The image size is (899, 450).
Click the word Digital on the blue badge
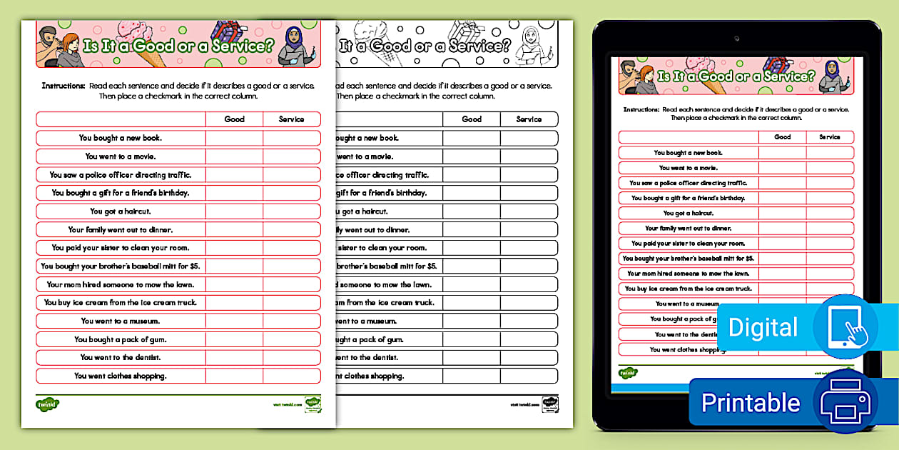pos(762,328)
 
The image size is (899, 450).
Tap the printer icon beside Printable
pos(845,401)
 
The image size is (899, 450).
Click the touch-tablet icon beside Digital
pos(845,326)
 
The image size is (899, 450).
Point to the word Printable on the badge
pos(750,403)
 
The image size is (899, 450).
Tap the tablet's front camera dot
pos(736,37)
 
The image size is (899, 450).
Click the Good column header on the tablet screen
pos(782,137)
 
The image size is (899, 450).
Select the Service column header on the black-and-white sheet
pos(529,119)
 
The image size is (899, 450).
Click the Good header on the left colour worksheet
pos(234,119)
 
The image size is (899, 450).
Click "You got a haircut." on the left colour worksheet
pos(121,211)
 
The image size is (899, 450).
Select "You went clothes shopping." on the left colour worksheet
pos(121,376)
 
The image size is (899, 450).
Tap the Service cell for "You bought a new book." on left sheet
pos(291,138)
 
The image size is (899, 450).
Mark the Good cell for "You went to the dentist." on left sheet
pos(234,357)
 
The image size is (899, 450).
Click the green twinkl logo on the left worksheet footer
pos(47,404)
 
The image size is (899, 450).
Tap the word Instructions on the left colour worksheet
pos(64,86)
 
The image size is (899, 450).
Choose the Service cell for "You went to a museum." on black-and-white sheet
pos(529,321)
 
